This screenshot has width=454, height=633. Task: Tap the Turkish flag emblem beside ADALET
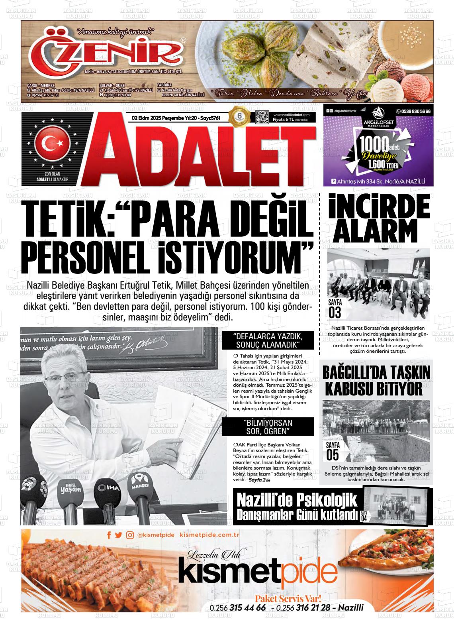coord(53,143)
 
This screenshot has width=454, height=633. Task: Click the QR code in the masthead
coord(262,118)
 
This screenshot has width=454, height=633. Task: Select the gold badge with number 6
coord(239,118)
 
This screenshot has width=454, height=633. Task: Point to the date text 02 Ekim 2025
coord(148,118)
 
